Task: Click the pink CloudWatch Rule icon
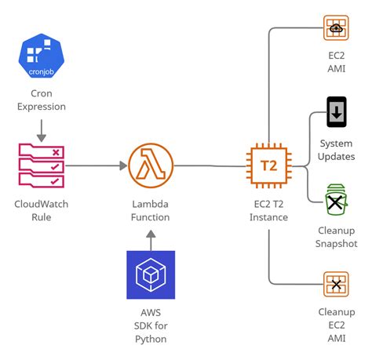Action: point(41,165)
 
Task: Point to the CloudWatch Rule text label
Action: point(41,210)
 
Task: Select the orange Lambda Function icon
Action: point(151,165)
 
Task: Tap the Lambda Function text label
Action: point(151,210)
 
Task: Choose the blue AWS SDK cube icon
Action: point(151,275)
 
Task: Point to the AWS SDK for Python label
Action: point(151,325)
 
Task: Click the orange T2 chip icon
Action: point(268,165)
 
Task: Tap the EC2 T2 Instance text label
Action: point(268,210)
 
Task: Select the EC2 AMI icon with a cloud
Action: point(336,29)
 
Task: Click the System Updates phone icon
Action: point(336,112)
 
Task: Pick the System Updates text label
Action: point(337,150)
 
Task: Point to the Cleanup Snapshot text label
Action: point(337,238)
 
